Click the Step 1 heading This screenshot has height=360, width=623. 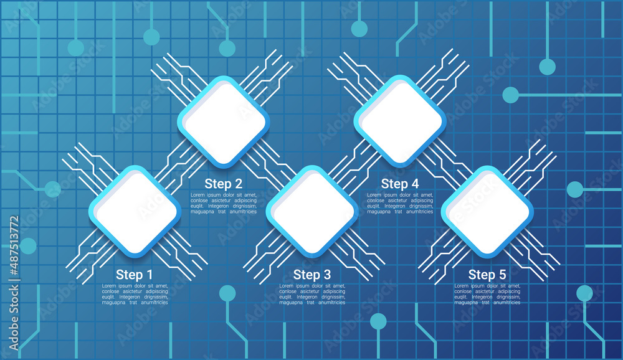[x=134, y=275]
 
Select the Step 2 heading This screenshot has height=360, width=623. [x=223, y=184]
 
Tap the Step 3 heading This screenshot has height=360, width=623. [x=311, y=275]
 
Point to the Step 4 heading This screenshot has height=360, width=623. [x=399, y=184]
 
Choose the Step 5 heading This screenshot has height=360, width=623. [x=487, y=275]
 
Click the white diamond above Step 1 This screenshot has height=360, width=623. [x=135, y=211]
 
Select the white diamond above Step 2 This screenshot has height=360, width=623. [x=223, y=121]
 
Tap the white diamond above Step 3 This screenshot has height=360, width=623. [x=311, y=211]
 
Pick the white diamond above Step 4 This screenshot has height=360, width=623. [x=400, y=121]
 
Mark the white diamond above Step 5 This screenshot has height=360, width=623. [x=487, y=211]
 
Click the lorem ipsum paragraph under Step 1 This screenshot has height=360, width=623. [x=135, y=294]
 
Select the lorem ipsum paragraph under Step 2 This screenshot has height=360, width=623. [x=223, y=203]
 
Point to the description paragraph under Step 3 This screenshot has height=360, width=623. [x=311, y=294]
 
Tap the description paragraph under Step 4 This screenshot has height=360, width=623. [x=400, y=203]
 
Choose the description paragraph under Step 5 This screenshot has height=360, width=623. [x=487, y=294]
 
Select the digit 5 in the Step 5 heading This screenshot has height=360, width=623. [x=502, y=275]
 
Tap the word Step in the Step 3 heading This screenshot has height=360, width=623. [x=305, y=275]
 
